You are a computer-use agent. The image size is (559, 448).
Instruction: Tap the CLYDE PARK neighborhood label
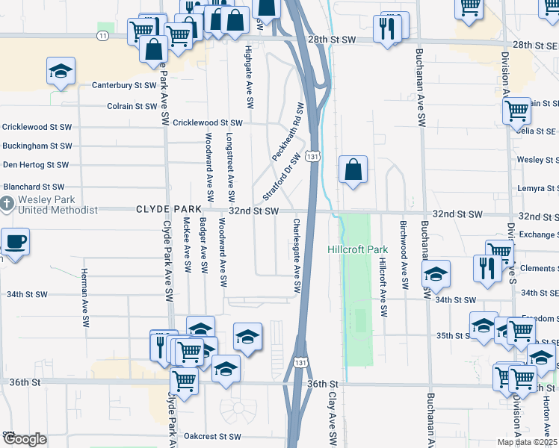tap(168, 211)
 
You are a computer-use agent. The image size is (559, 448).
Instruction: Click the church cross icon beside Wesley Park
tap(7, 204)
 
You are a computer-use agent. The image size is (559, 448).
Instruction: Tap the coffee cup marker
tap(15, 243)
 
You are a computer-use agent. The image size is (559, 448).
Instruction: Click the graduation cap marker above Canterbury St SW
tap(61, 72)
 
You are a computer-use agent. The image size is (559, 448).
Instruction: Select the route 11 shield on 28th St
tap(102, 35)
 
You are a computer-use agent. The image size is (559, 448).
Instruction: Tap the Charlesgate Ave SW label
tap(297, 255)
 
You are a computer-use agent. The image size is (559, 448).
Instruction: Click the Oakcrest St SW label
tap(213, 436)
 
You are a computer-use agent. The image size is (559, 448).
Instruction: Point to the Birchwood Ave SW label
tap(403, 255)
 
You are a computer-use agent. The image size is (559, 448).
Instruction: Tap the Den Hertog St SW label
tap(36, 165)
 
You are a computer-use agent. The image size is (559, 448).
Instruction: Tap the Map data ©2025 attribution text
tap(527, 442)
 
